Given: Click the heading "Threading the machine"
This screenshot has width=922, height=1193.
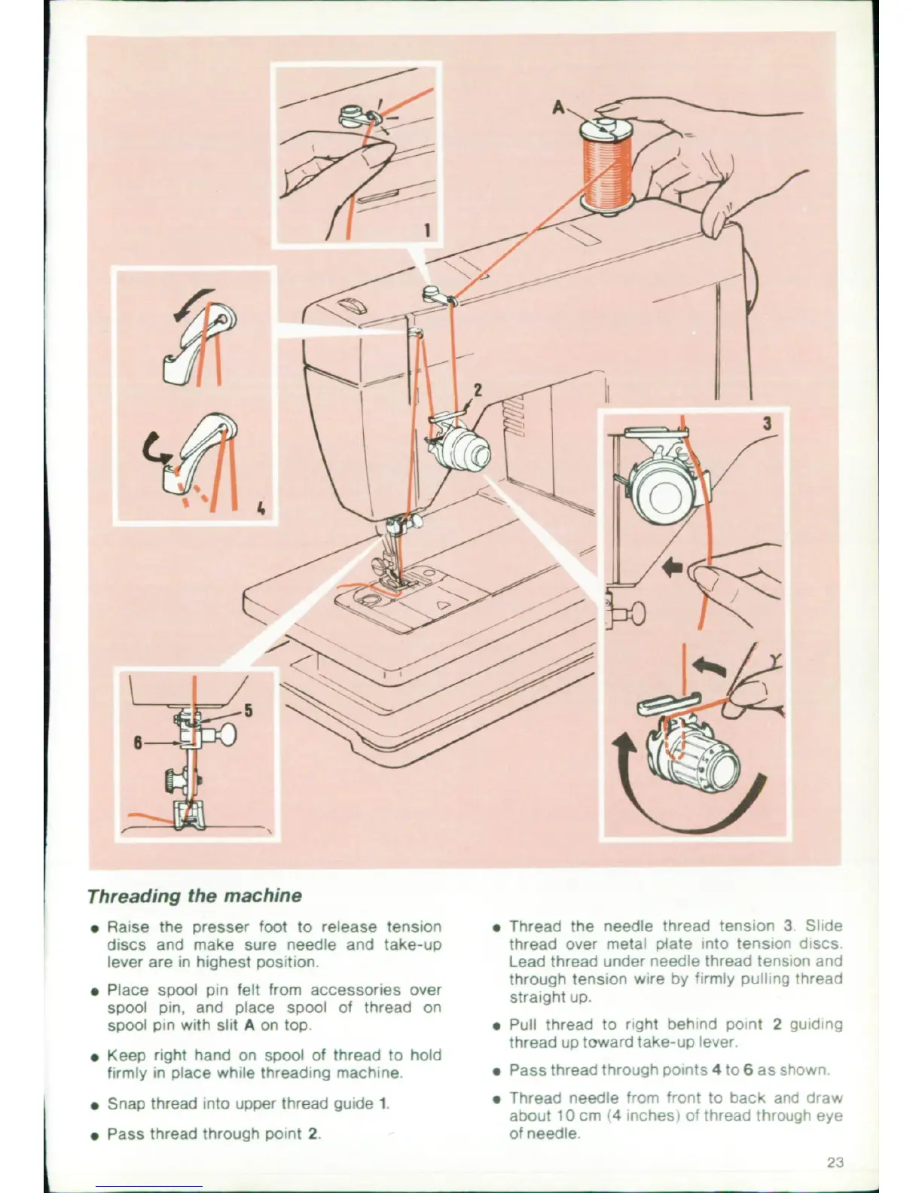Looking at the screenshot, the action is tap(194, 896).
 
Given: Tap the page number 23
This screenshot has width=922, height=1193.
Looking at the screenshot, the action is tap(835, 1162).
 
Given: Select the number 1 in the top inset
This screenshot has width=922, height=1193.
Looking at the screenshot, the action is tap(427, 230).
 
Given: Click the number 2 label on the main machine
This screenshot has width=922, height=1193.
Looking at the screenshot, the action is tap(477, 390).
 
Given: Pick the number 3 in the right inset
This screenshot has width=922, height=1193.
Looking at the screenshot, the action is tap(767, 423).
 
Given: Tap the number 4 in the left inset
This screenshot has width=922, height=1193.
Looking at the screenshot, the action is tap(261, 508).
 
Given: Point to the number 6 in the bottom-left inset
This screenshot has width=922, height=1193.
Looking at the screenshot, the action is tap(138, 742).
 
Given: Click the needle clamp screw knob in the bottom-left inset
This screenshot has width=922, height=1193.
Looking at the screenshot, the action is tap(226, 732).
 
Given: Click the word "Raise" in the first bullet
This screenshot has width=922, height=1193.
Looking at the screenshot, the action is tap(128, 926).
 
